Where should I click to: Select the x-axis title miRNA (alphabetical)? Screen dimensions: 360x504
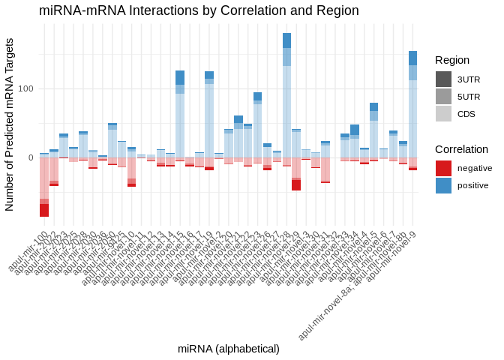229,349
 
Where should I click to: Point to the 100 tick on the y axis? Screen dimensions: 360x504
26,88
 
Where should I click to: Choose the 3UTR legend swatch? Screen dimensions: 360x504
443,79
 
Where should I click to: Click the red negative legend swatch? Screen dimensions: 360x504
443,168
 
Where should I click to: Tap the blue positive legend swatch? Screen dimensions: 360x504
443,185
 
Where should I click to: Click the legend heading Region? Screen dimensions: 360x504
451,60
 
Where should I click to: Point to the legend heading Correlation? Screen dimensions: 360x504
461,148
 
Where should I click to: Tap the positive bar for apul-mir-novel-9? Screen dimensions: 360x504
413,104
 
